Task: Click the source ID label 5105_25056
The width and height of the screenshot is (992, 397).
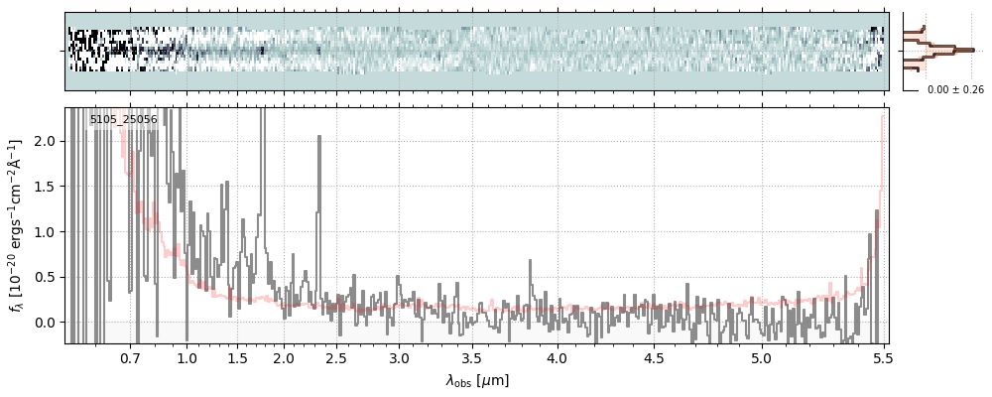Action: (x=123, y=119)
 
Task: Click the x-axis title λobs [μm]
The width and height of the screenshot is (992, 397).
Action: (x=476, y=380)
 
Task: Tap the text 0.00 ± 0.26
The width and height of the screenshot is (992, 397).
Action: (x=955, y=90)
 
